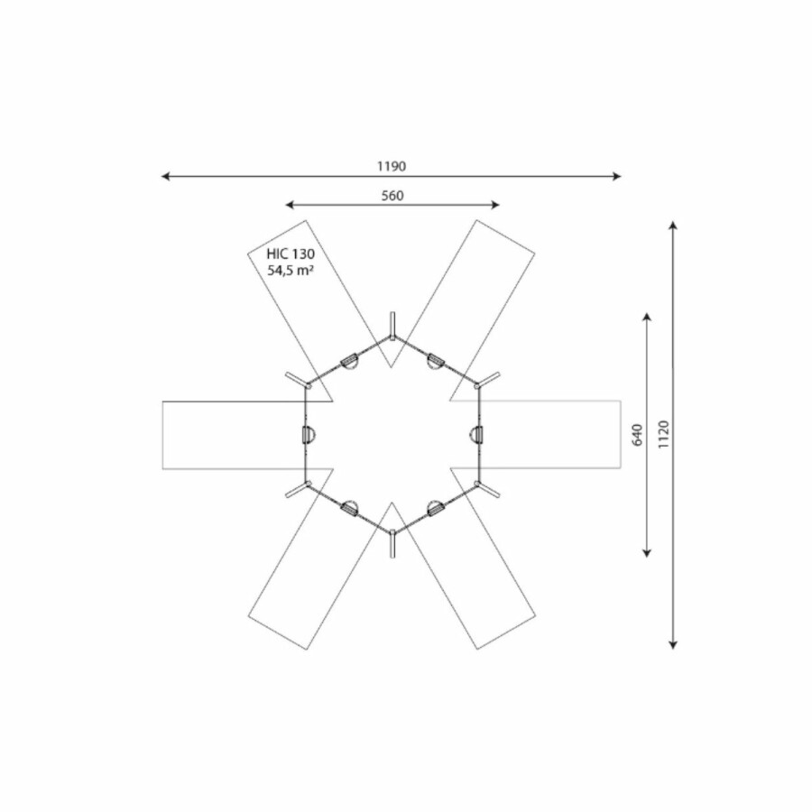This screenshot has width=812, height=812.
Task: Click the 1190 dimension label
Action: (x=392, y=166)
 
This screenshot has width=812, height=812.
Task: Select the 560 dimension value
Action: (x=392, y=196)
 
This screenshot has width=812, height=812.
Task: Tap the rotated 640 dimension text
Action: (x=638, y=434)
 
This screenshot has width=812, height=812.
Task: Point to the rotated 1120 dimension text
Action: (x=664, y=434)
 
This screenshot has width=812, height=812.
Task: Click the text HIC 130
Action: (x=291, y=254)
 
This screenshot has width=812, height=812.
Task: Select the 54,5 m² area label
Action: (x=291, y=270)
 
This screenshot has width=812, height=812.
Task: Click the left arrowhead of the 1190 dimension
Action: (x=166, y=177)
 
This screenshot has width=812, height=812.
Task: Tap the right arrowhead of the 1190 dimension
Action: (x=617, y=177)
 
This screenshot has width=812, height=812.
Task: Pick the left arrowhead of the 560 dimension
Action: (x=290, y=205)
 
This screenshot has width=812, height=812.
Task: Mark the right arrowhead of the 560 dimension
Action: (x=495, y=205)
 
